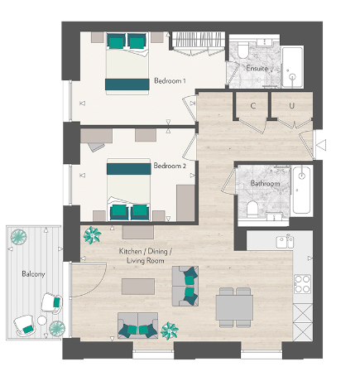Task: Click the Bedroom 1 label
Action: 170,80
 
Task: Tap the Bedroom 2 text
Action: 170,166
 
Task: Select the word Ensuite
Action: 257,67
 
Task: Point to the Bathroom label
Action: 265,183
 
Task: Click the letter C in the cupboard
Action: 252,106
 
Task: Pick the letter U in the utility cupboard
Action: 292,106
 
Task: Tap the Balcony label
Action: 33,272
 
